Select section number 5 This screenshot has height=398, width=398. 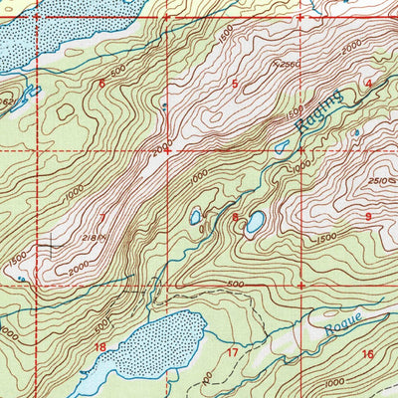coord(235,84)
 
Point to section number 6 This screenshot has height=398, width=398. coord(100,84)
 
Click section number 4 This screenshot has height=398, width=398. coord(368,84)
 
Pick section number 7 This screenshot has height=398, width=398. coord(101,216)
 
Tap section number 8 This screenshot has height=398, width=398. coord(235,217)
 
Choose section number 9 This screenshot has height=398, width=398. coord(367,216)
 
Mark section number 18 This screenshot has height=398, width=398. coord(99,346)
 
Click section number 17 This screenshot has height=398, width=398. coord(232,352)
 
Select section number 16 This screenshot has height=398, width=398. coord(367,354)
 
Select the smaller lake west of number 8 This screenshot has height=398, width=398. coord(197,215)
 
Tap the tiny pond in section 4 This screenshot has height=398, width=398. coord(356,131)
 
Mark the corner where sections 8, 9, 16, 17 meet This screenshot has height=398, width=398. coord(301,286)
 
